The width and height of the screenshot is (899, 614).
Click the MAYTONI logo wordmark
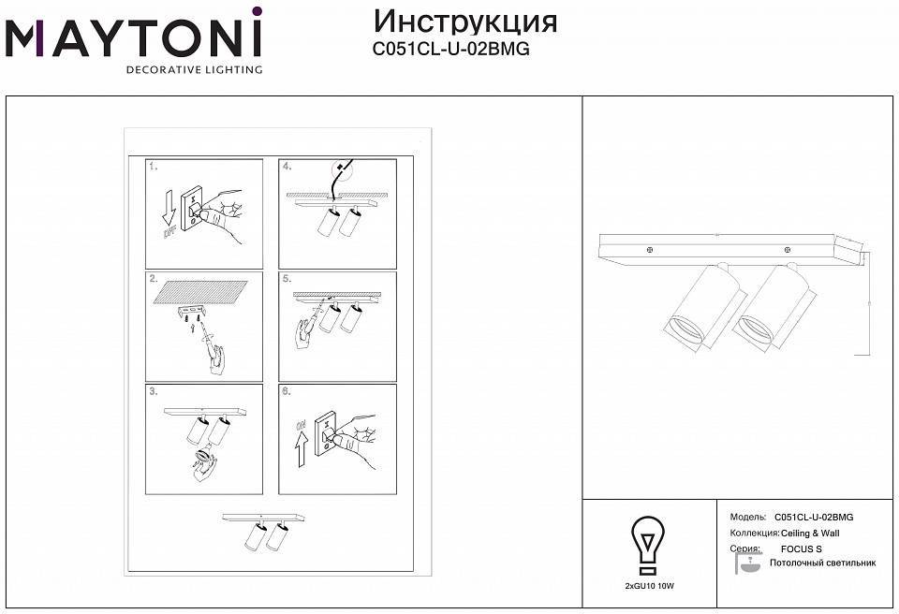[134, 38]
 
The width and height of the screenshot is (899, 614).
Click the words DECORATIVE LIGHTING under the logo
[194, 69]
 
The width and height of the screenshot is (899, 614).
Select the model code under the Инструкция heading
[451, 51]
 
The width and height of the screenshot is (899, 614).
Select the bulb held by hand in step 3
[201, 459]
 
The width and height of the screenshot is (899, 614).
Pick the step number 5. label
[287, 279]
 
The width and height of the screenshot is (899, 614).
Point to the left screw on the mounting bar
[649, 249]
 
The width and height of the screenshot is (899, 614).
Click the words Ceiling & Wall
[811, 533]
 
